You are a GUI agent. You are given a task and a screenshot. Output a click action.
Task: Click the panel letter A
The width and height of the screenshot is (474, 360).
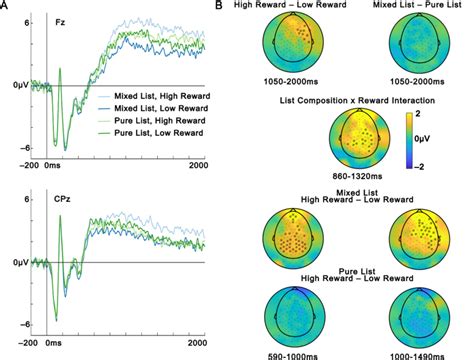(x=6, y=7)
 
